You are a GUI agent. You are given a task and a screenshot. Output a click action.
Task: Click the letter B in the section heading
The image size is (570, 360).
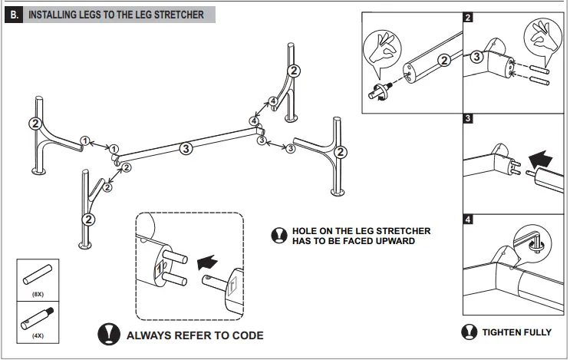pos(14,15)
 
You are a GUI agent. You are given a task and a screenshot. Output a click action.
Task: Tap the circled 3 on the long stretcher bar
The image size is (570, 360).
pos(186,148)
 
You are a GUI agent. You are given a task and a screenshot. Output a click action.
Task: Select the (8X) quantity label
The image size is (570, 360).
pos(38,294)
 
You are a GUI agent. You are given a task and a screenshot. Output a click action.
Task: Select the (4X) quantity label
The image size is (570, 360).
pos(38,335)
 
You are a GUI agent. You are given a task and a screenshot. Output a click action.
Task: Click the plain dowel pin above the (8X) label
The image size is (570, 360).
pos(37,275)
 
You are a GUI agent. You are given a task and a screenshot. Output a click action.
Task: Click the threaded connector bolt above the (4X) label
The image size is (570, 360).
pos(37,319)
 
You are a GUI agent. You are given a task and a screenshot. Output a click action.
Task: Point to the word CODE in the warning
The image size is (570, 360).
pos(248,335)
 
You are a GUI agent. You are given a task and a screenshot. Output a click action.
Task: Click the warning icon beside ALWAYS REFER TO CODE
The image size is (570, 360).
pos(109,334)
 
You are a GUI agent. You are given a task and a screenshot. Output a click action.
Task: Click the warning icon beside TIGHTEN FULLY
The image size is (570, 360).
pos(469,332)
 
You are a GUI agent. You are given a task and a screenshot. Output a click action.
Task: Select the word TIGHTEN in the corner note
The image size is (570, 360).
pos(501,332)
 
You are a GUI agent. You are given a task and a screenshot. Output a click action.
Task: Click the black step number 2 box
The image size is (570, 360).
pos(468,17)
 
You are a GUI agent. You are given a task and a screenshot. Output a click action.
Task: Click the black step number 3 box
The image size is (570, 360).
pos(468,118)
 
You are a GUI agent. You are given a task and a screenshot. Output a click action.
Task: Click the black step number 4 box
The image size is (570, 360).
pos(468,220)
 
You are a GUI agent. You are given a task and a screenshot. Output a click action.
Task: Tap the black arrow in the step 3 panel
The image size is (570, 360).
pos(540,160)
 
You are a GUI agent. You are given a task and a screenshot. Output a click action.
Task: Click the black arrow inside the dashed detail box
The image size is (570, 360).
pos(207,263)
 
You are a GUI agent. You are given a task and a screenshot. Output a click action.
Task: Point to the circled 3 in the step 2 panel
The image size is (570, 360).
pos(476,56)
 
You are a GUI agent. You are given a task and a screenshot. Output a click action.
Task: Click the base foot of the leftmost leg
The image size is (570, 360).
pos(39,171)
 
